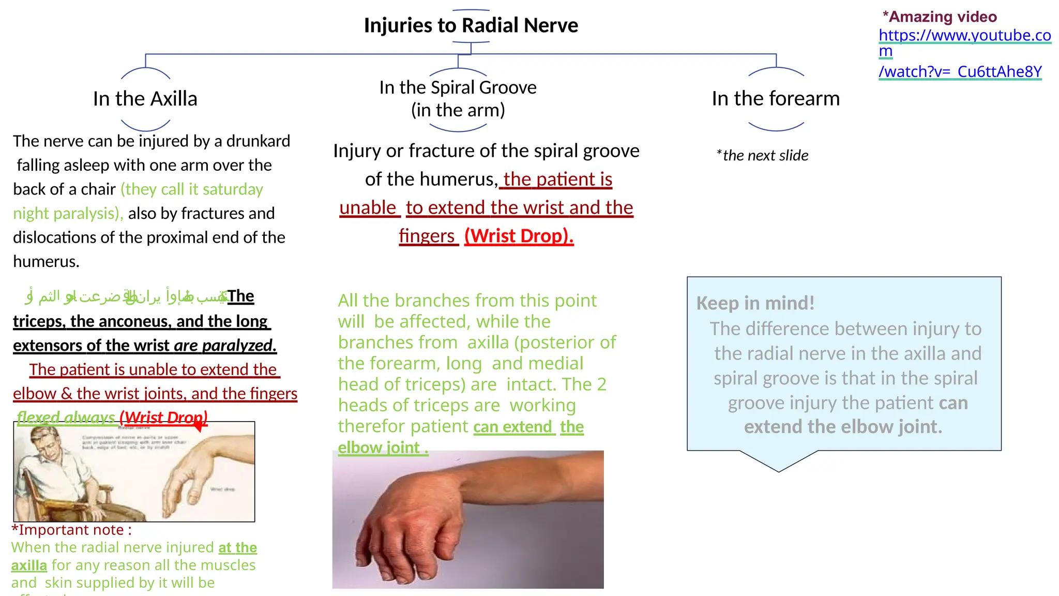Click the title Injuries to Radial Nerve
(x=471, y=25)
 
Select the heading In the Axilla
(x=145, y=99)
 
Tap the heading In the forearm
(x=776, y=98)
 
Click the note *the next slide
(x=763, y=155)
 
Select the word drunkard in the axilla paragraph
(x=258, y=141)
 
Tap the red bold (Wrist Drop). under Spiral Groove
(x=519, y=236)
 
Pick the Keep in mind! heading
(x=755, y=303)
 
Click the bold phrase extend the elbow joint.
(x=843, y=427)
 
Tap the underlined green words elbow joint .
(x=383, y=448)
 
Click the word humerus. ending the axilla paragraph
(x=46, y=261)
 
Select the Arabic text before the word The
(x=127, y=296)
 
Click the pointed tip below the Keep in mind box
(x=779, y=470)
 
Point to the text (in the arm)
(x=458, y=110)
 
